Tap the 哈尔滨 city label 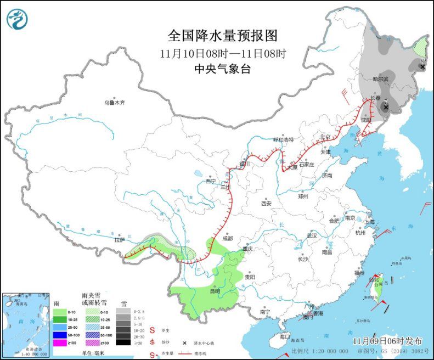point(380,79)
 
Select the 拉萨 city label point(120,240)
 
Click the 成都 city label point(227,239)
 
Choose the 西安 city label point(266,203)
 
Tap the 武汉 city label point(312,235)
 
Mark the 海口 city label point(284,336)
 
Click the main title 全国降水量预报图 point(223,36)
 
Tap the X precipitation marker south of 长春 point(386,108)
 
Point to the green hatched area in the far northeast point(420,47)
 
